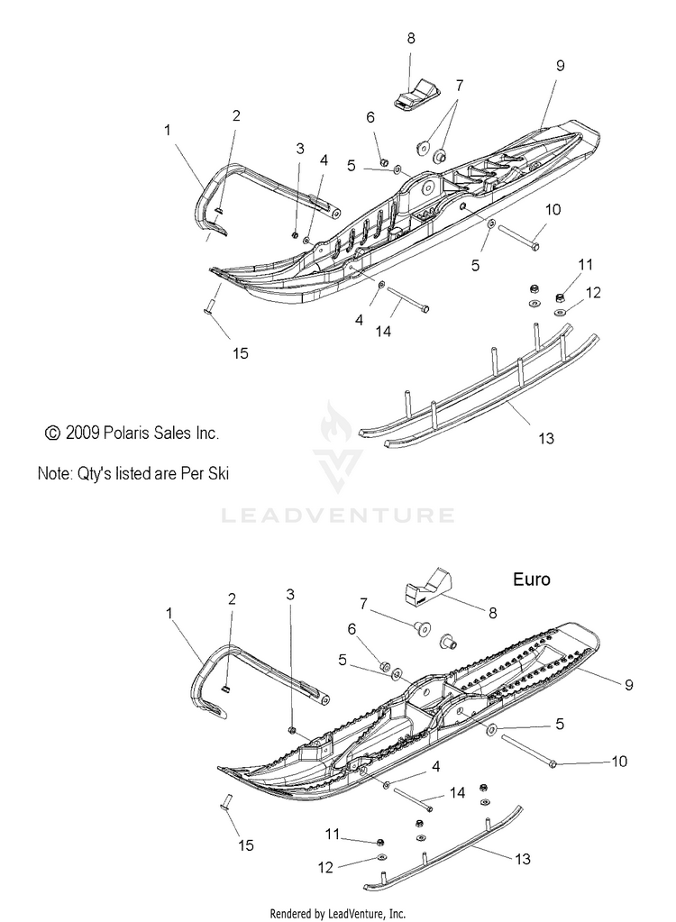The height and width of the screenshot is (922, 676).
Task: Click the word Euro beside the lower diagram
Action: [531, 580]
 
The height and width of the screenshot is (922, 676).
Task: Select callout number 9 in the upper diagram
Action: [560, 65]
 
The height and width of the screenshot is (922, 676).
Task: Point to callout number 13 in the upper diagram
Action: [545, 439]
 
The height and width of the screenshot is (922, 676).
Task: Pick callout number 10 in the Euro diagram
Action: [619, 762]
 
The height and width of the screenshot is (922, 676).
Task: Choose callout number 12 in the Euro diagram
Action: [325, 867]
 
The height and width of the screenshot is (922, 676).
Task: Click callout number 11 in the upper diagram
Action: [587, 264]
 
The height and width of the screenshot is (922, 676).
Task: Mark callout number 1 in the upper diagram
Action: [167, 130]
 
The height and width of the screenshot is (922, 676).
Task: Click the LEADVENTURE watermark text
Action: [337, 516]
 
